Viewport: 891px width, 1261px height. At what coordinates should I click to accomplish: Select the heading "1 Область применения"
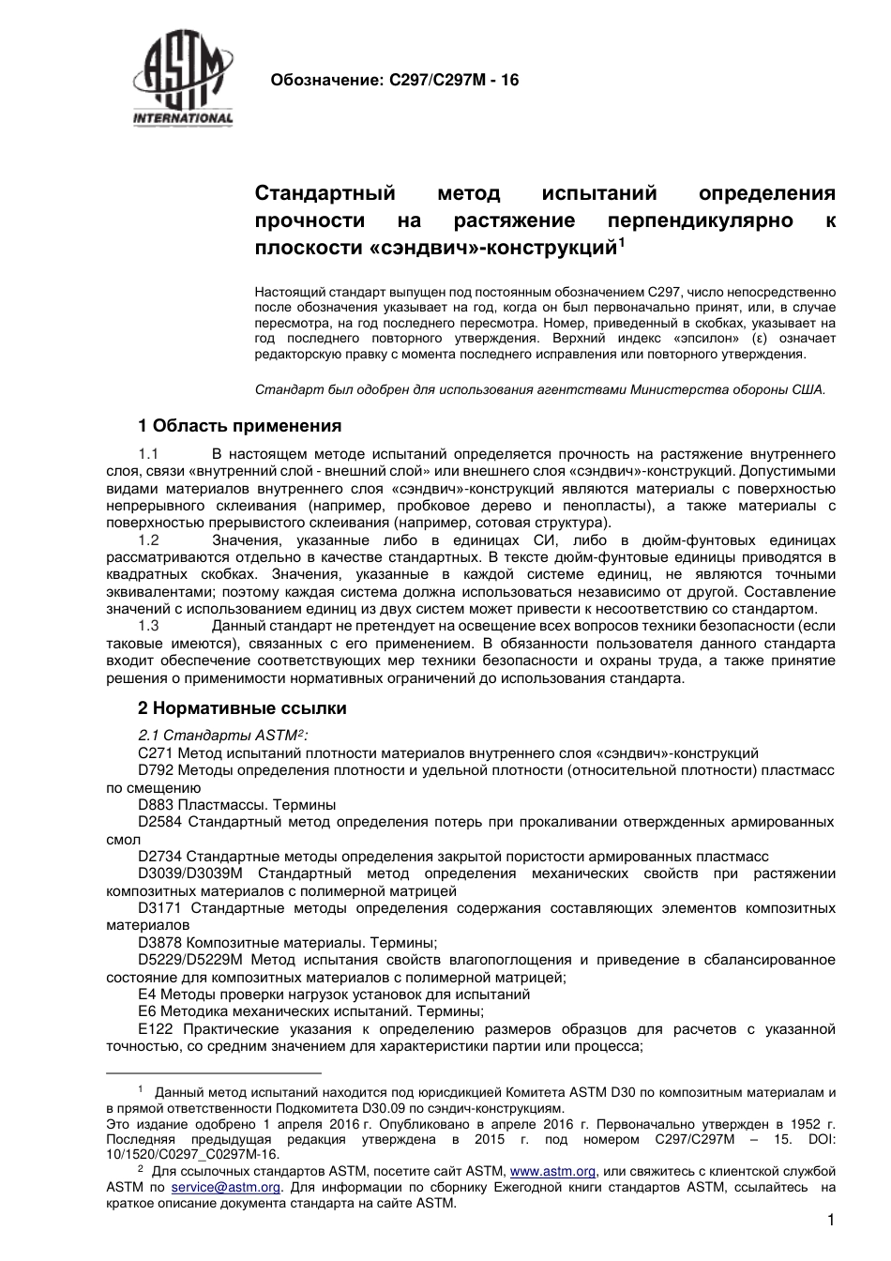click(x=239, y=426)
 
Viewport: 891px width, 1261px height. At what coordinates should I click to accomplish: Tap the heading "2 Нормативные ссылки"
click(x=242, y=708)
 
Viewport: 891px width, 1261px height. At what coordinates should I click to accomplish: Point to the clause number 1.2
click(x=148, y=540)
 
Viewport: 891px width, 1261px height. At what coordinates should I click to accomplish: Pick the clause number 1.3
click(x=148, y=626)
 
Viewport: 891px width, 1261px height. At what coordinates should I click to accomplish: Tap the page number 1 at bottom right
click(x=831, y=1221)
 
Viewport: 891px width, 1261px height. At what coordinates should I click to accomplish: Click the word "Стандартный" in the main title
click(x=325, y=194)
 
